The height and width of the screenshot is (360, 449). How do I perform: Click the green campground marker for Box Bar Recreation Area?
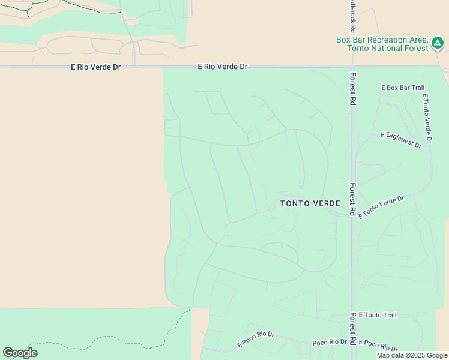(438, 43)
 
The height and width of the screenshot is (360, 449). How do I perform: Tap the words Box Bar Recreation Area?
(381, 40)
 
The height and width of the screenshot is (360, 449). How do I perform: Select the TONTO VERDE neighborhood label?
(311, 203)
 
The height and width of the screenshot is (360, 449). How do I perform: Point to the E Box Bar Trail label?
(403, 88)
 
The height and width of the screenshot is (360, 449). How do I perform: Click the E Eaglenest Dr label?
(401, 139)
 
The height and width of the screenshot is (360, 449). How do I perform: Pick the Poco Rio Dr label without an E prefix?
(330, 342)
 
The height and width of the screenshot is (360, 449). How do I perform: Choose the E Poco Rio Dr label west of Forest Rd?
(256, 339)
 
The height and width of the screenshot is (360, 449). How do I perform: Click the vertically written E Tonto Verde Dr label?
(427, 119)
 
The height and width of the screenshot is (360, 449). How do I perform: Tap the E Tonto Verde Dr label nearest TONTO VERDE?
(382, 206)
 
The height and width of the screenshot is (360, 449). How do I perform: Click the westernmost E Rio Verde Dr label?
(96, 67)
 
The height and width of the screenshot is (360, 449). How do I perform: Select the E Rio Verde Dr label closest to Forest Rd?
(222, 67)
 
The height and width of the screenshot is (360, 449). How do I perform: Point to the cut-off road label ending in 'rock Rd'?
(352, 17)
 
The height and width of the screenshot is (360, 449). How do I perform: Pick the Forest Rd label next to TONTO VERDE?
(354, 197)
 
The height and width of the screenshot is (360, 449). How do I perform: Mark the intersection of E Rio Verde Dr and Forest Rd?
(353, 67)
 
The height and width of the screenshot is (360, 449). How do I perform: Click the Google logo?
(20, 353)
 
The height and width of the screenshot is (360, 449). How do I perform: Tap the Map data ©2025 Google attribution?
(412, 355)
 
